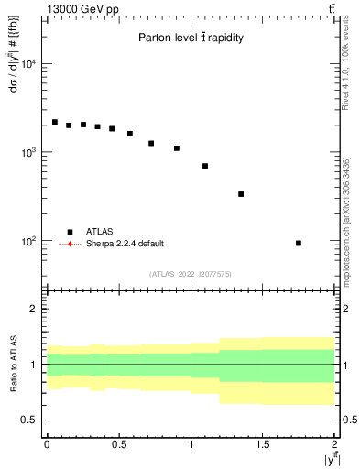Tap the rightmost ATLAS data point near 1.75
299,243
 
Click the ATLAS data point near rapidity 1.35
241,194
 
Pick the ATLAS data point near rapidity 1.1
205,166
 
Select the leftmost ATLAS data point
55,122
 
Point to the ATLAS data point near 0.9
177,147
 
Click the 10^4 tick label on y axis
27,64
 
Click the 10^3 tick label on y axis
27,152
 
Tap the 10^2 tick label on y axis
27,241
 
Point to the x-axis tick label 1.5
263,444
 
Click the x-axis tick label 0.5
119,444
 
